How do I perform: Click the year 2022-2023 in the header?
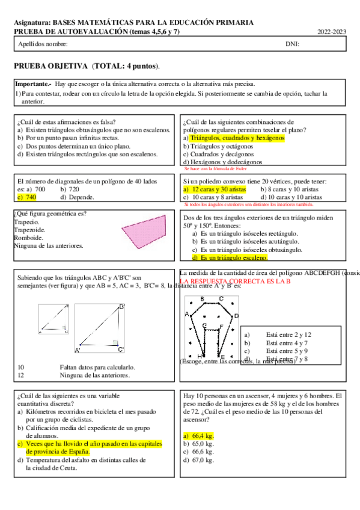(x=332, y=31)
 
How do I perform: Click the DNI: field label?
(x=293, y=45)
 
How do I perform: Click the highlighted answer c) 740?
(x=27, y=197)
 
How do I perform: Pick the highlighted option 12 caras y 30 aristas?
(x=212, y=189)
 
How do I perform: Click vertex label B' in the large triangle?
(x=121, y=307)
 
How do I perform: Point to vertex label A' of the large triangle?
(x=78, y=350)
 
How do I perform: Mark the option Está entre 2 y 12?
(x=288, y=334)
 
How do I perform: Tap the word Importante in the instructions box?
(x=32, y=84)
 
